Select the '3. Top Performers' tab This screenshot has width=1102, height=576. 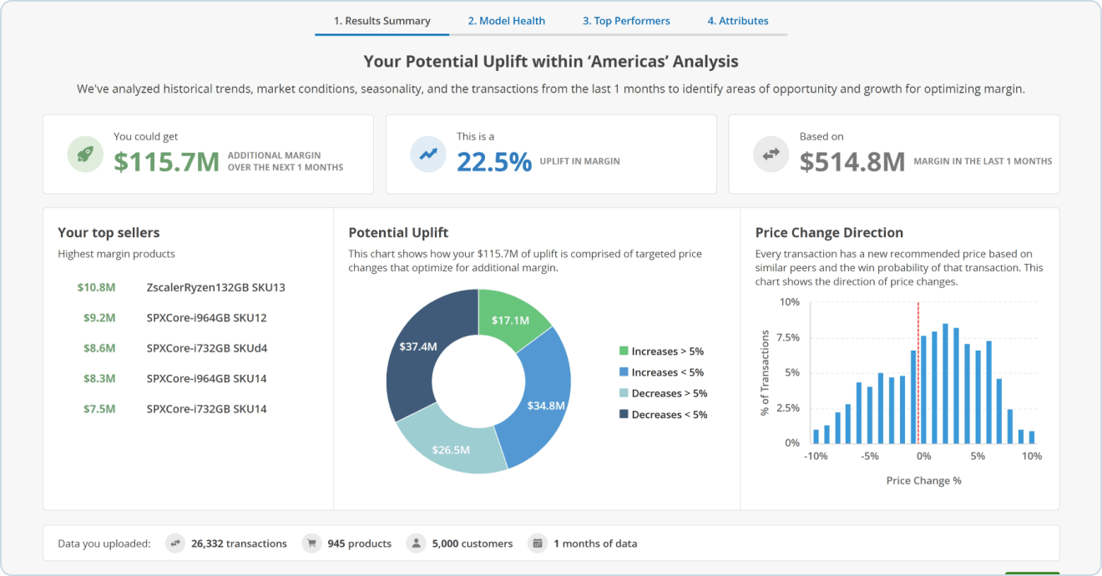tap(626, 21)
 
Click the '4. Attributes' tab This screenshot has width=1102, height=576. tap(738, 21)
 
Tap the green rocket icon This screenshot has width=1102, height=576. tap(85, 154)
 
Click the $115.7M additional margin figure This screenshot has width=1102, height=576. tap(166, 161)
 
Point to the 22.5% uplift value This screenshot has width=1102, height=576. tap(494, 161)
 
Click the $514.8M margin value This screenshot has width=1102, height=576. tap(852, 161)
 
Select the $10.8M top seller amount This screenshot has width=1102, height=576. tap(96, 288)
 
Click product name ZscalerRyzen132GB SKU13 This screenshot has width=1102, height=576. tap(215, 288)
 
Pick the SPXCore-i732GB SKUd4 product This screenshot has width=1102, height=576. tap(206, 348)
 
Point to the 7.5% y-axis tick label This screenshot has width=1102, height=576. tap(789, 338)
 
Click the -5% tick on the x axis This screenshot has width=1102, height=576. tap(870, 457)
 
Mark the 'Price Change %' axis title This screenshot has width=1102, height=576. tap(923, 481)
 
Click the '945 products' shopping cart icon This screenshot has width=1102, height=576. tap(312, 543)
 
